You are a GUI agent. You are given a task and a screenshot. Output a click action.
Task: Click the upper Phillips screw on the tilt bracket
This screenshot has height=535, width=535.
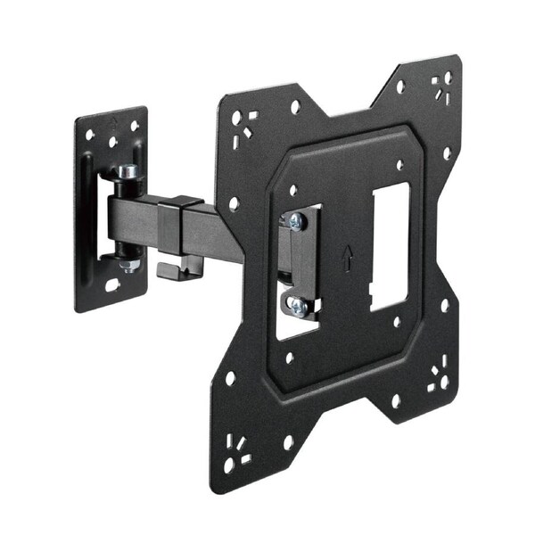tap(295, 220)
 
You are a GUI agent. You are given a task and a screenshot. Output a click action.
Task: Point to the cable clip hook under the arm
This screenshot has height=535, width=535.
tap(169, 268)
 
